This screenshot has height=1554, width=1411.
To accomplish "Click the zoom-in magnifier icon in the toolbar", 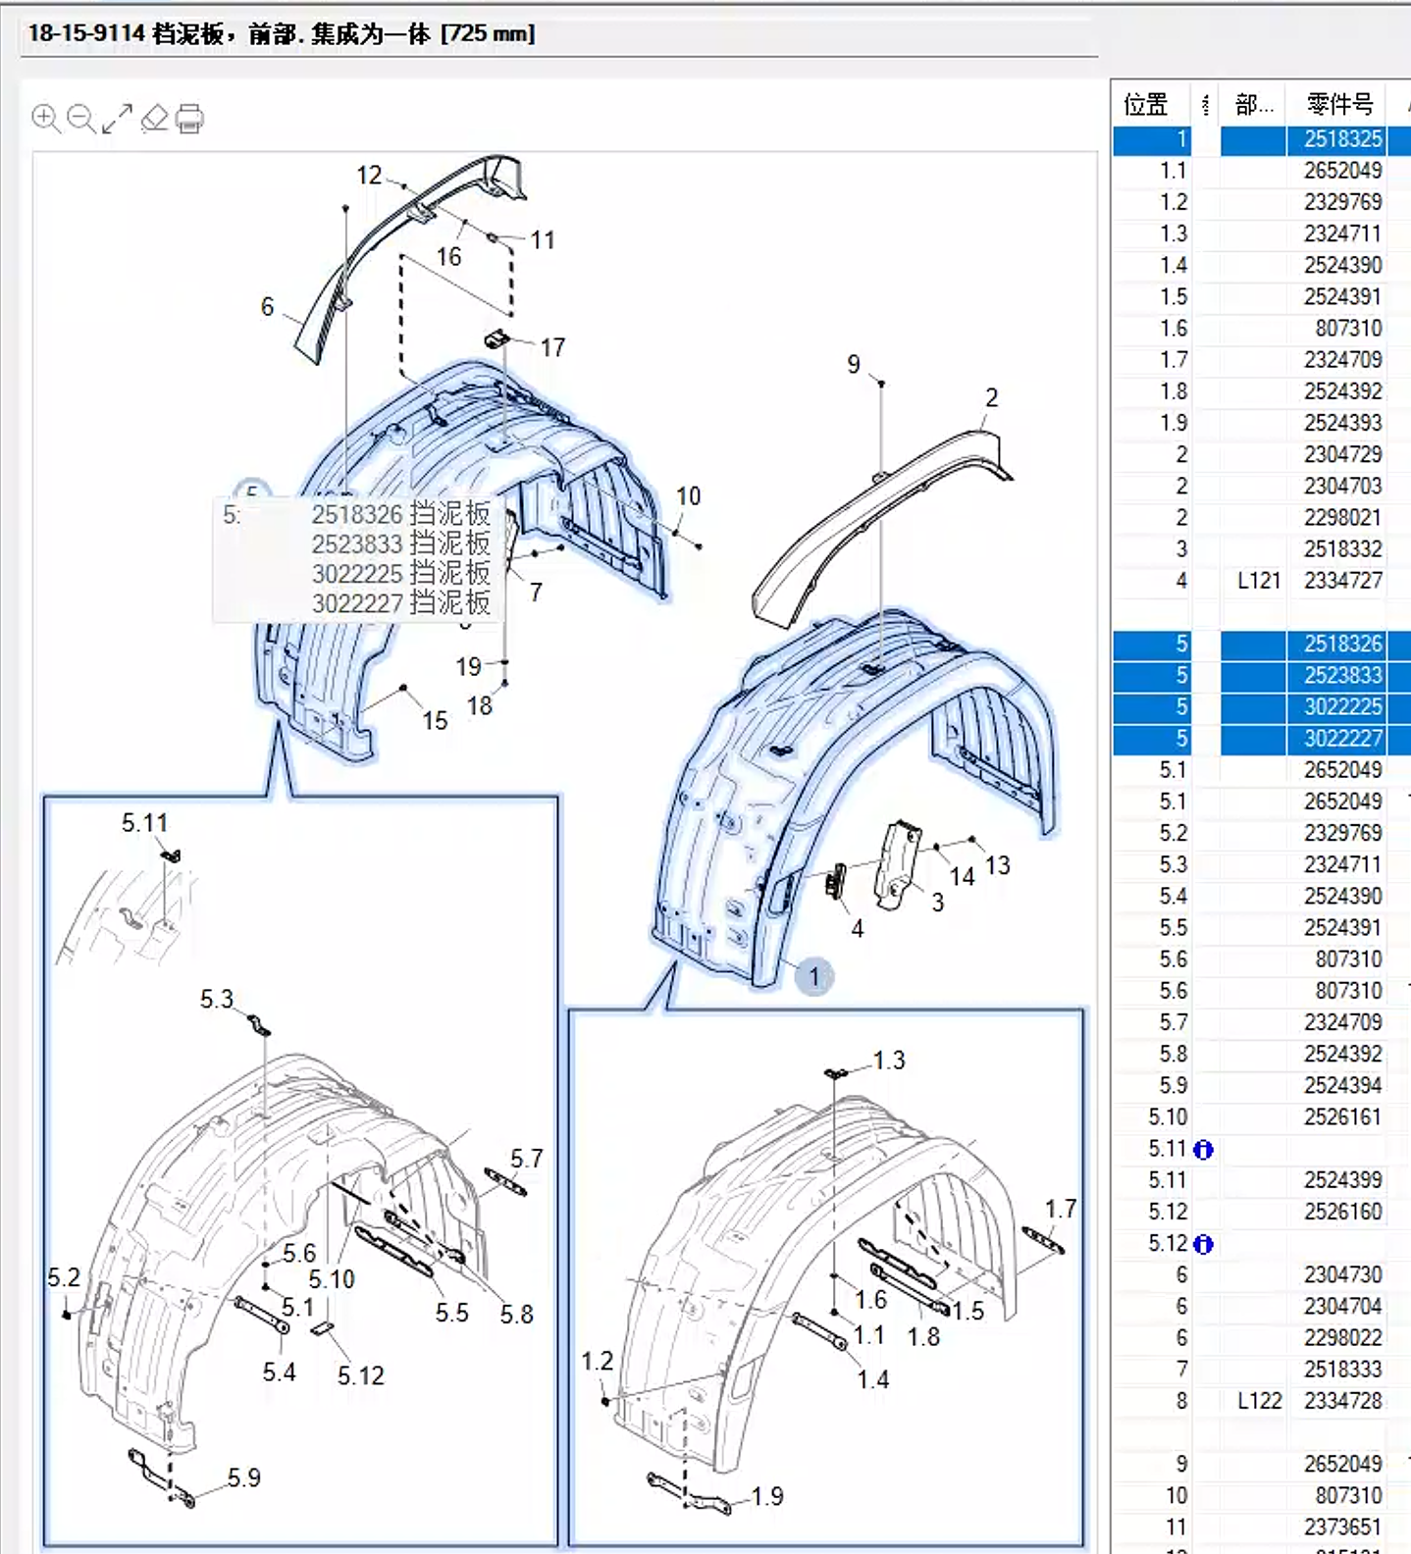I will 45,119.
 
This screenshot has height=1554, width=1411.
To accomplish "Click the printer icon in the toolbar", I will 189,119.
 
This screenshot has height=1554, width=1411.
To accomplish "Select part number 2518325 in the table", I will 1342,139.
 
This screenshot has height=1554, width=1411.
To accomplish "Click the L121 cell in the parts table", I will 1259,581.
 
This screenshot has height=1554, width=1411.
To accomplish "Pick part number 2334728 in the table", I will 1342,1401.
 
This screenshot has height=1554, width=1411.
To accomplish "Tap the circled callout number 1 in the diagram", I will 813,977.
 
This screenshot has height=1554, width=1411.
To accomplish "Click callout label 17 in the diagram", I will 552,347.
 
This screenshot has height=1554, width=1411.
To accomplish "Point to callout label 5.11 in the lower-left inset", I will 144,823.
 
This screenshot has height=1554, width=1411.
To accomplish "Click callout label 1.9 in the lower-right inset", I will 767,1496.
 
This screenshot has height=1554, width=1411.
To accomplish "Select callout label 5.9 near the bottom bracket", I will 244,1477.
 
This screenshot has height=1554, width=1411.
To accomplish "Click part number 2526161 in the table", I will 1342,1117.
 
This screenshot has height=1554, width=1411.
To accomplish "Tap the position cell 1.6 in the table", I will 1174,329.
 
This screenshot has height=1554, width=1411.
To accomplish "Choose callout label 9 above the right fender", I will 854,365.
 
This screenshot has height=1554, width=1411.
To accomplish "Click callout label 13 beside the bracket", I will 998,865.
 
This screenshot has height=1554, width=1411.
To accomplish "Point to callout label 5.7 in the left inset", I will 526,1159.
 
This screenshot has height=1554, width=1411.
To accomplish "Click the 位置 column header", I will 1145,105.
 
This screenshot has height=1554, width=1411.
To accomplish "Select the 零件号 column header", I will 1339,105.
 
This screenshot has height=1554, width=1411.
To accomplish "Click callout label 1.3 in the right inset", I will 889,1061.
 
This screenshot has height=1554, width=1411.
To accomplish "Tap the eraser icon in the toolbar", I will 155,119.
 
